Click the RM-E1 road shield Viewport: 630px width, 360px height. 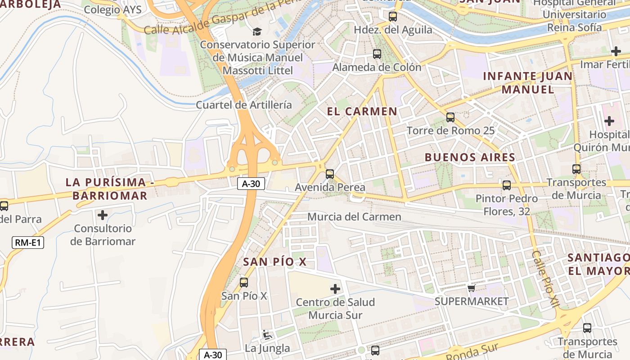(x=27, y=243)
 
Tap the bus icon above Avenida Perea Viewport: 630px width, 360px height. (x=330, y=174)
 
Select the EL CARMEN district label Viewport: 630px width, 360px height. (x=362, y=112)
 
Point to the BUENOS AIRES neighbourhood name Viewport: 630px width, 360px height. (x=470, y=157)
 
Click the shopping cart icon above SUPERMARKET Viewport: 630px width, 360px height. (x=471, y=288)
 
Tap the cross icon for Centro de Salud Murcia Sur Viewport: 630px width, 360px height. (x=335, y=288)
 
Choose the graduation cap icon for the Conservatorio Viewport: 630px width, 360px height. (x=257, y=31)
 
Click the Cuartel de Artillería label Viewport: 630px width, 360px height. (x=244, y=105)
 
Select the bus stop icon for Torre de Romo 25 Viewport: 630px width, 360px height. (x=450, y=117)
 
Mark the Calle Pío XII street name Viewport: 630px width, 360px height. (x=545, y=279)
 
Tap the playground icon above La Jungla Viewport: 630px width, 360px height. (x=267, y=335)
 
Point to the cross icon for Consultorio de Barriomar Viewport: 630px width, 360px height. (x=103, y=215)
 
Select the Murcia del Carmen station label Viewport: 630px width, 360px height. (x=354, y=217)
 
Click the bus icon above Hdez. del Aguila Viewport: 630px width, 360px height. (x=393, y=17)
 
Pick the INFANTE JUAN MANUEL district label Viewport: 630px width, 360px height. (x=528, y=82)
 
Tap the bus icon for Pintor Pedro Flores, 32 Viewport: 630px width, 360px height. (x=507, y=185)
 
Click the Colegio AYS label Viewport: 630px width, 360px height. (x=112, y=9)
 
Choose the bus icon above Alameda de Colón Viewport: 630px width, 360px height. (x=377, y=54)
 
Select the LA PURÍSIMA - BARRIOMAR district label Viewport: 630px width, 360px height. (x=106, y=189)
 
